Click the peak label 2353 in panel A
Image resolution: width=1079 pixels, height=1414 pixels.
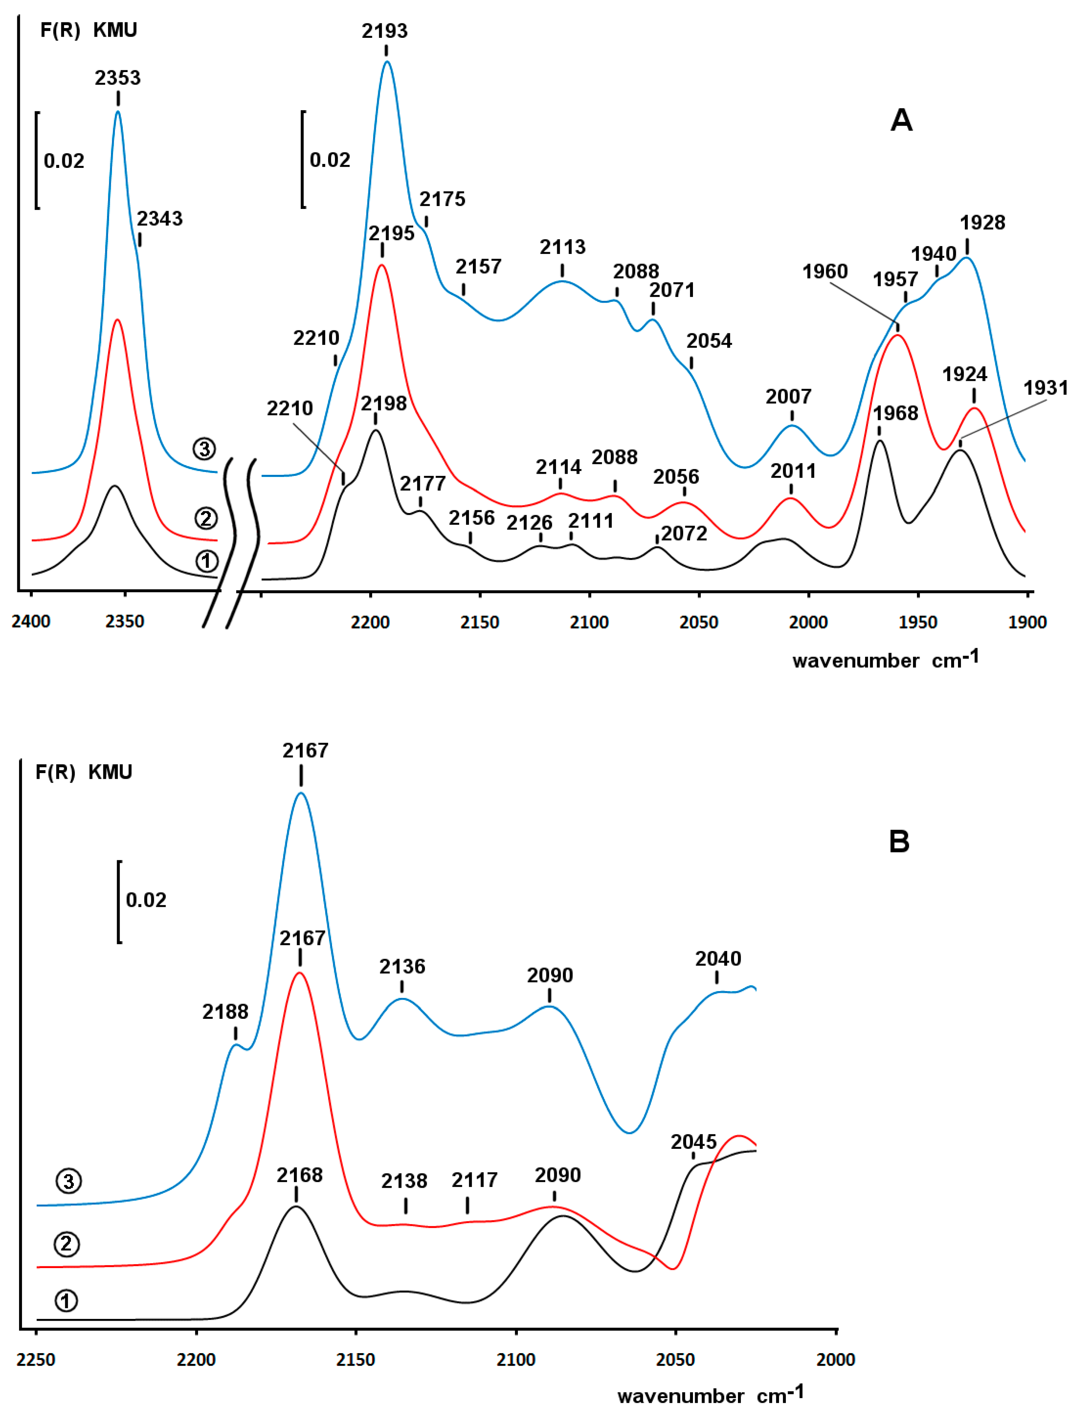coord(117,78)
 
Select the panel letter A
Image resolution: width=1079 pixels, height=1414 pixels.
coord(901,120)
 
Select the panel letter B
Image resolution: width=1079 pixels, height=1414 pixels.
coord(899,842)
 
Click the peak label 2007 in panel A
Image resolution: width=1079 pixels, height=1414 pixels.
coord(788,396)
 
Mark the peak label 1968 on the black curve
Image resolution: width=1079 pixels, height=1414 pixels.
coord(895,413)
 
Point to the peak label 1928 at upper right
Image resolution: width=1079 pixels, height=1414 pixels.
coord(982,223)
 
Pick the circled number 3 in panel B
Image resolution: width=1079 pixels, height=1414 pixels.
coord(69,1181)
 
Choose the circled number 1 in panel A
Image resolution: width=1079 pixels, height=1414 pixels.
coord(206,562)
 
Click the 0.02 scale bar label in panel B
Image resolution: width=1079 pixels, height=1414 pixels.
coord(146,900)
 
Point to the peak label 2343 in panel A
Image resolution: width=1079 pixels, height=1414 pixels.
coord(159,219)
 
